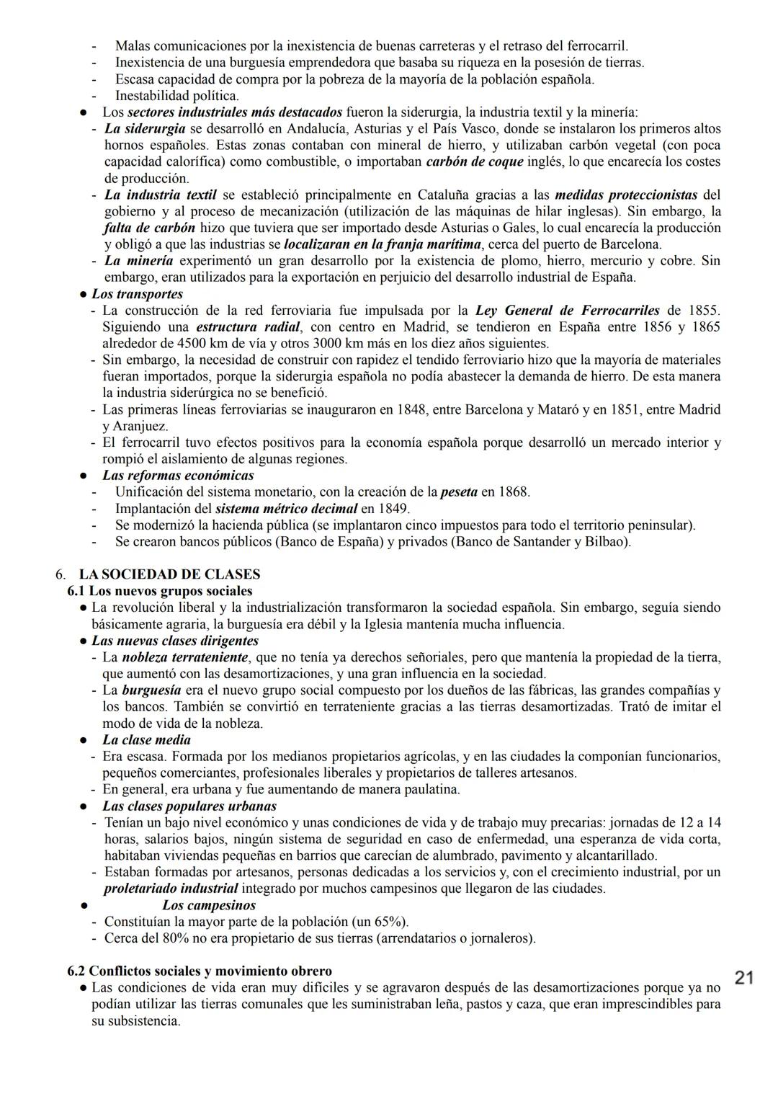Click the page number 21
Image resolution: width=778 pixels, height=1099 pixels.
click(x=744, y=978)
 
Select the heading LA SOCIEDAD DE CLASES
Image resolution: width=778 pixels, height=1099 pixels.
click(x=169, y=574)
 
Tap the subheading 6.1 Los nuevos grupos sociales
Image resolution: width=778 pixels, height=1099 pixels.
click(x=160, y=591)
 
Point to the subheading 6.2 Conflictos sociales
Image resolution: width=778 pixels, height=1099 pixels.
click(x=200, y=971)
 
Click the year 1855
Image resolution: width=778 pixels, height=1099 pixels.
click(x=703, y=311)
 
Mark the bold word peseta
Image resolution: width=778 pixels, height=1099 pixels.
click(x=458, y=492)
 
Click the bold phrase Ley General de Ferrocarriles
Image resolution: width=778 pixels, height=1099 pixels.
click(x=567, y=311)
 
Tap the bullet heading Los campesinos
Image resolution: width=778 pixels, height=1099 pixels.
click(x=209, y=905)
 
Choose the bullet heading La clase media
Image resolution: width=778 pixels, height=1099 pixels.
click(x=146, y=740)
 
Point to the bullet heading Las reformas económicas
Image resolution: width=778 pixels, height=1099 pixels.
click(x=178, y=476)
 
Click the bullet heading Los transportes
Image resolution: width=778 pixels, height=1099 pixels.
click(x=137, y=294)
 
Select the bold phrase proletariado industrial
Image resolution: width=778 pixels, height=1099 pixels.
click(x=171, y=889)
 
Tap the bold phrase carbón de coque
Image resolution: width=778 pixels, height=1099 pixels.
click(x=475, y=161)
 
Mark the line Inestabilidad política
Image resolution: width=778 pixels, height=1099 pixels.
click(x=177, y=95)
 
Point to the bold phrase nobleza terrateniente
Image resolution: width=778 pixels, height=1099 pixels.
click(x=185, y=657)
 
